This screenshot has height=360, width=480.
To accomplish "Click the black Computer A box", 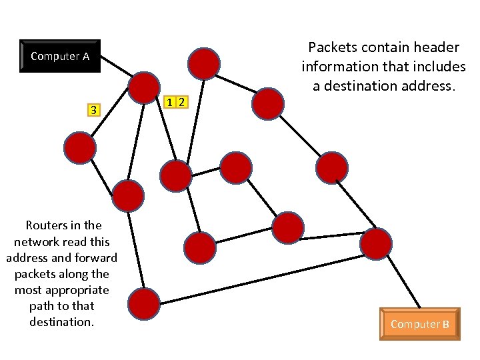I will pyautogui.click(x=60, y=56).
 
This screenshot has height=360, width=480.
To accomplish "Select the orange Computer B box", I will pyautogui.click(x=420, y=324).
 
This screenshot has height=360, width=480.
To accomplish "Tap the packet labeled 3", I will pyautogui.click(x=94, y=109).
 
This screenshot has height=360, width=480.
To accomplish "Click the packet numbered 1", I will pyautogui.click(x=171, y=102).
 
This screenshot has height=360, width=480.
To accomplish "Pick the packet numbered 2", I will pyautogui.click(x=181, y=102).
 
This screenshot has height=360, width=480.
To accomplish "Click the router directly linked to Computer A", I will pyautogui.click(x=144, y=87).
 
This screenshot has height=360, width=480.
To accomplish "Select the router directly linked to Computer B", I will pyautogui.click(x=375, y=243).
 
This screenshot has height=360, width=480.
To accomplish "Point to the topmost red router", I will pyautogui.click(x=204, y=63).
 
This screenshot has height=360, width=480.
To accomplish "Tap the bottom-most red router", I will pyautogui.click(x=143, y=304).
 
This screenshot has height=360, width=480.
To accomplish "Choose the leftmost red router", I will pyautogui.click(x=81, y=147).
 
